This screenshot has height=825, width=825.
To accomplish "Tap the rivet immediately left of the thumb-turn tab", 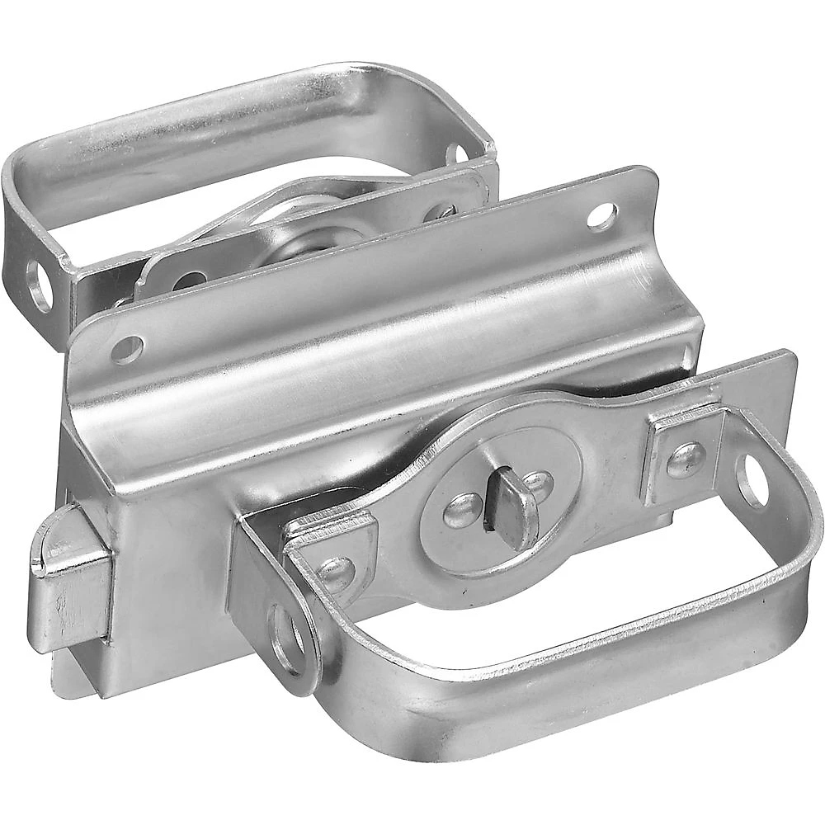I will [463, 511].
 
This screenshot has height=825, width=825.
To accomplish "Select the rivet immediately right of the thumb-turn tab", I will [538, 486].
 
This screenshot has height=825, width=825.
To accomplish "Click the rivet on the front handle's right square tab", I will [685, 460].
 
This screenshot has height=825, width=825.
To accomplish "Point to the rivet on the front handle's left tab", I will [336, 573].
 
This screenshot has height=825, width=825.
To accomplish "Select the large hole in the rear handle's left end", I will [39, 285].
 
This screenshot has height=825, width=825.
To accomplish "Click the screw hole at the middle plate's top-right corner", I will [602, 216].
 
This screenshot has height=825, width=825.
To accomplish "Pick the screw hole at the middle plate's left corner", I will [127, 349].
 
